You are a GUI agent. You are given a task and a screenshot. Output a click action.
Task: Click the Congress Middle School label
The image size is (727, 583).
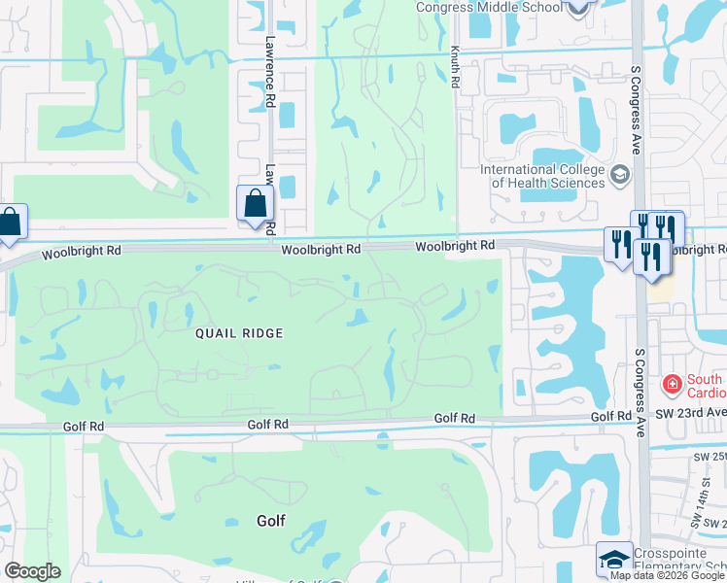(488, 8)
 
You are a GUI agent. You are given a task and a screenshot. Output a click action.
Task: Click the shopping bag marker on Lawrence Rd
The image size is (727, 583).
(256, 205)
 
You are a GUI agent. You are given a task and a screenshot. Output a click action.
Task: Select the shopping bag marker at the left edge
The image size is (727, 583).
(11, 223)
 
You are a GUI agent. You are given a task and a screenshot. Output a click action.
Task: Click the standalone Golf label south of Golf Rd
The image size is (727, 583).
(271, 521)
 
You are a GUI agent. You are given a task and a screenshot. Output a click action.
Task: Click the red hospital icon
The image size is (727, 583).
(671, 385)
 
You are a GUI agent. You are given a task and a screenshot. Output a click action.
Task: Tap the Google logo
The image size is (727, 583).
(31, 571)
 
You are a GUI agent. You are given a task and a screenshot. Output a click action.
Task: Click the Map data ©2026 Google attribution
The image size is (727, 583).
(667, 575)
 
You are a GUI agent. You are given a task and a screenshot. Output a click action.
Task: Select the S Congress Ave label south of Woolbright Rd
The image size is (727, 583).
(640, 393)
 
